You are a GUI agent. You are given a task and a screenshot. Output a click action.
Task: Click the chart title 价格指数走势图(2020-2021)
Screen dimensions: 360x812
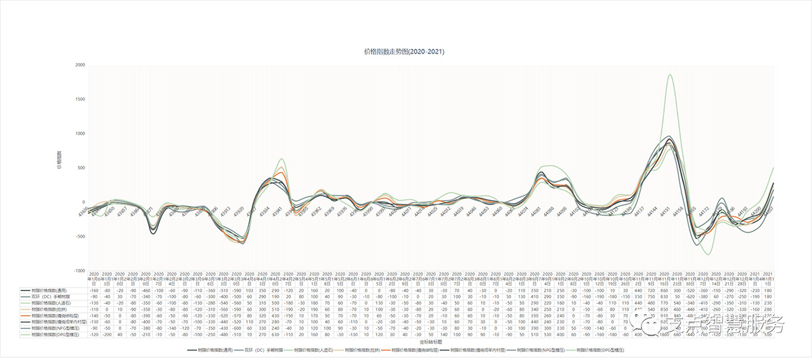click(404, 51)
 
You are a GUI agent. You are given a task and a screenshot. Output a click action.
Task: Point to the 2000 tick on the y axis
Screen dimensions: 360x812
click(80, 65)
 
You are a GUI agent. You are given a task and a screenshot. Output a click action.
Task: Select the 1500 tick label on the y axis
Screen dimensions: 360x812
click(80, 99)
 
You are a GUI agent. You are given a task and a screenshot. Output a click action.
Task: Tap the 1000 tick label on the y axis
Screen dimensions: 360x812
click(80, 133)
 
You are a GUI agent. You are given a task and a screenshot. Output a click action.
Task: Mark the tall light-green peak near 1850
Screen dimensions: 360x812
click(669, 75)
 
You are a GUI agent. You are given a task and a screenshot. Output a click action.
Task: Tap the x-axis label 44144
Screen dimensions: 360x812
click(650, 211)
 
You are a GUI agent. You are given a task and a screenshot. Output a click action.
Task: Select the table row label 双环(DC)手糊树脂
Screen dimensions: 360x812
click(47, 296)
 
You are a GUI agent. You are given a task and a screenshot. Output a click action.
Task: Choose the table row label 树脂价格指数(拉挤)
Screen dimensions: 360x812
click(47, 309)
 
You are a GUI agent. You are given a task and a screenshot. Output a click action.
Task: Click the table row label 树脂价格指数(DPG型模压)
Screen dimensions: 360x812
click(47, 334)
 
